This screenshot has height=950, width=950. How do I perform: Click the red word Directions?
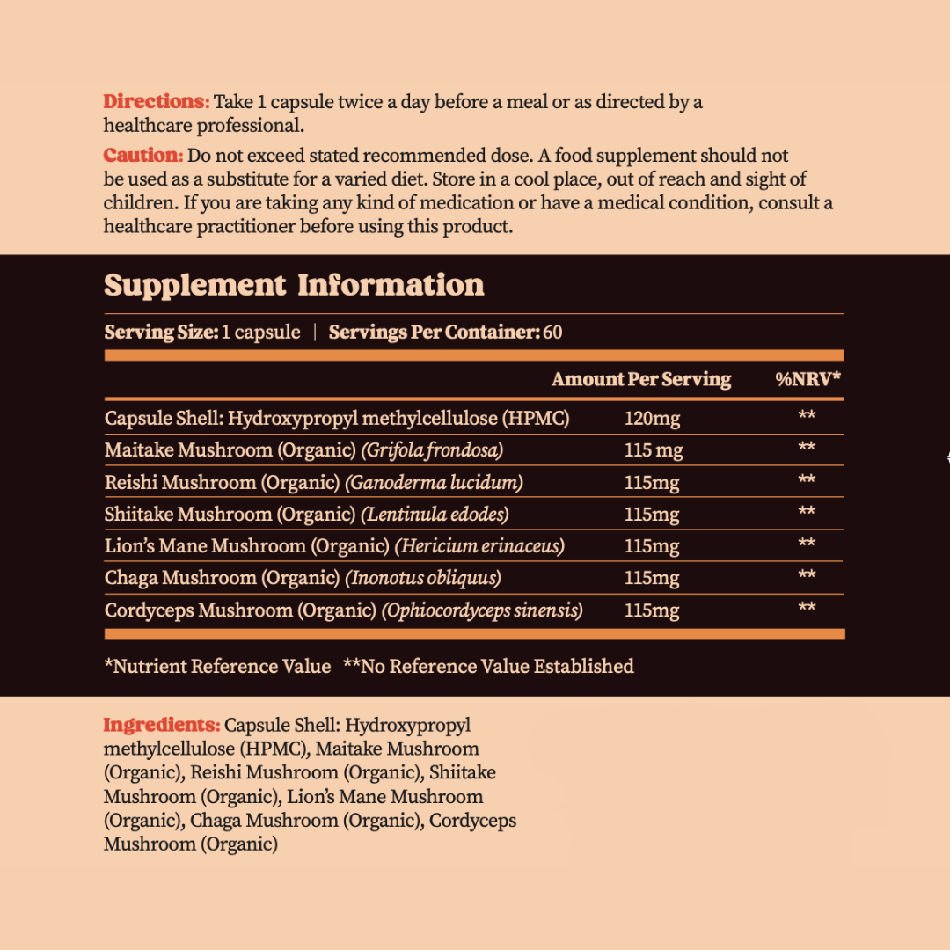[x=156, y=102]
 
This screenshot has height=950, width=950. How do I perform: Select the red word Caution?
[x=142, y=156]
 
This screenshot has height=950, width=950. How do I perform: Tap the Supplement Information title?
[x=294, y=285]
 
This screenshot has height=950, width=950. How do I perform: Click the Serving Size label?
[x=161, y=332]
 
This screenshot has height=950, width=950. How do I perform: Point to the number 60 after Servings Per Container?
[x=552, y=332]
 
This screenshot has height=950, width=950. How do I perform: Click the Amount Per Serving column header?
[x=640, y=379]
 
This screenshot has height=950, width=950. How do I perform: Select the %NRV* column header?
[x=807, y=379]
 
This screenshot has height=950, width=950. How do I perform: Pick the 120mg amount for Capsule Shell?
[x=652, y=419]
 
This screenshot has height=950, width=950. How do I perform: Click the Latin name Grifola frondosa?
[x=432, y=450]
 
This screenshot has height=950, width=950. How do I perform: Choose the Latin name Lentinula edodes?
[x=427, y=514]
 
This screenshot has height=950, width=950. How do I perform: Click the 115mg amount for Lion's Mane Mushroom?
[x=652, y=546]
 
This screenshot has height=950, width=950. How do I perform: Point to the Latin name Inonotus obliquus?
[x=423, y=578]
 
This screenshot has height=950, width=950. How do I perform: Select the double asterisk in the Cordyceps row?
[x=807, y=608]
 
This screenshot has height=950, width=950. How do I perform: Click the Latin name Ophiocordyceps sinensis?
[x=482, y=610]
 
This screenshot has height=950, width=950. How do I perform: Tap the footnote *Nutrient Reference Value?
[x=217, y=667]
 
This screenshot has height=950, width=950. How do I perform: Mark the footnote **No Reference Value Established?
[x=488, y=667]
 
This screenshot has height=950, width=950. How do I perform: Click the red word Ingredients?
[x=161, y=726]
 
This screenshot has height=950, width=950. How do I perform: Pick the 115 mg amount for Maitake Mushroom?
[x=654, y=450]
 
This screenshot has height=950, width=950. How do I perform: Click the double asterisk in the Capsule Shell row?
[x=807, y=416]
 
